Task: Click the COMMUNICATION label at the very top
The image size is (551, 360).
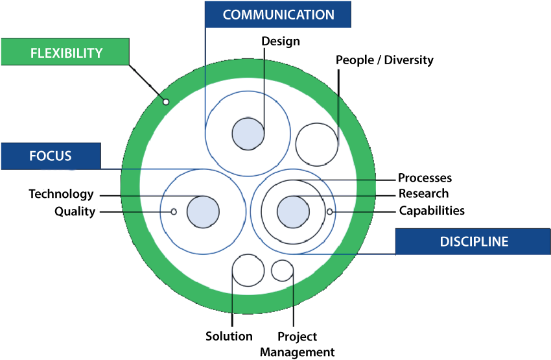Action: (x=278, y=14)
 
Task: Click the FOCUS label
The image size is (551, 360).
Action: (x=50, y=156)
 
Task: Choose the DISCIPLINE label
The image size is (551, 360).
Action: (x=474, y=241)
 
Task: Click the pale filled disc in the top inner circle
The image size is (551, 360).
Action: (x=248, y=134)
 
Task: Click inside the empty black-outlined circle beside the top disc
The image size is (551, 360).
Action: (x=316, y=143)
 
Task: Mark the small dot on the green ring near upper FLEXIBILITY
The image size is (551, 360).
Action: (x=165, y=102)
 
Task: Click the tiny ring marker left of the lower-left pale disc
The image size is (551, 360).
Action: (x=173, y=211)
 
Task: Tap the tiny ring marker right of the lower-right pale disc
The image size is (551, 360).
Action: (x=329, y=211)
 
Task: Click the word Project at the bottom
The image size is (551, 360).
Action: (x=300, y=337)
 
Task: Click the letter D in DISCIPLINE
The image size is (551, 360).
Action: (x=445, y=241)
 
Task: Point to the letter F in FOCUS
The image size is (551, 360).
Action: (x=33, y=156)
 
